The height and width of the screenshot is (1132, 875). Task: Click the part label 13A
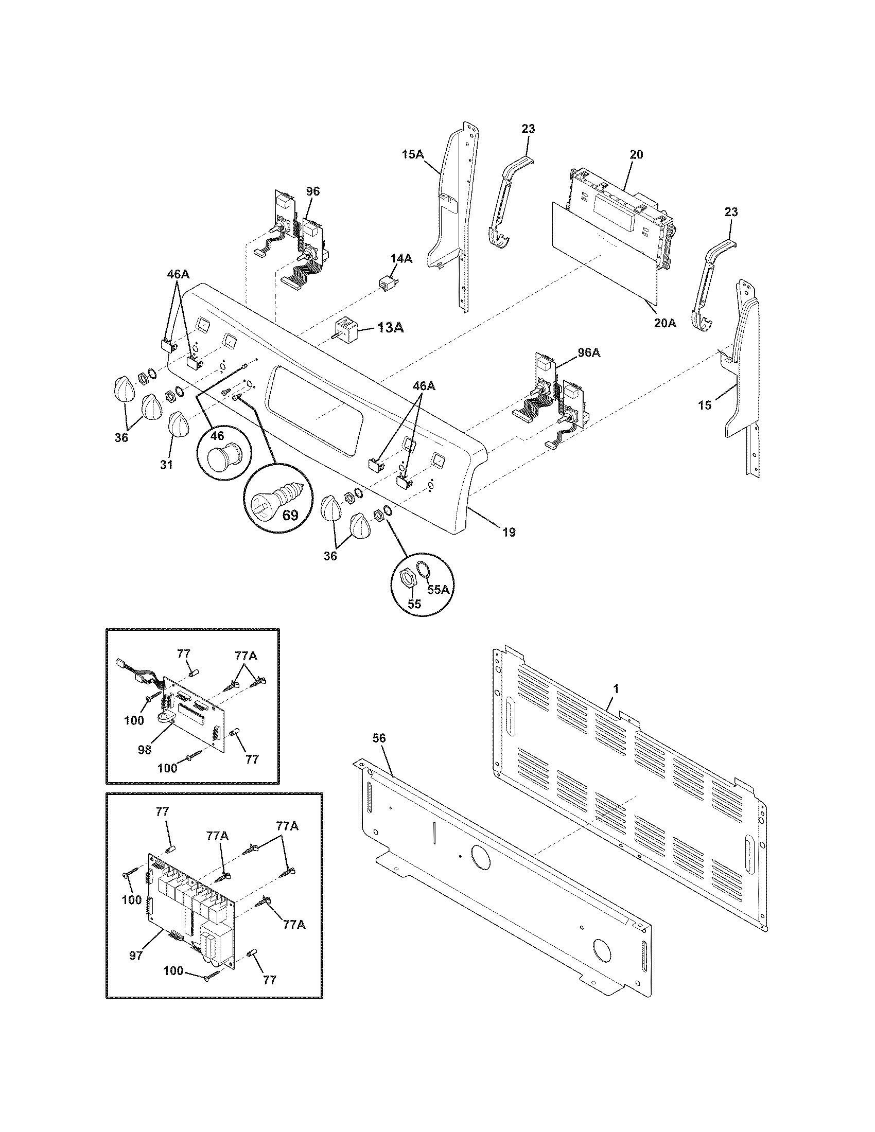pyautogui.click(x=390, y=327)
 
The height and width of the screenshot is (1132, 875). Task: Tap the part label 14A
pyautogui.click(x=400, y=259)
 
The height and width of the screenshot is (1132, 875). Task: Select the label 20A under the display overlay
pyautogui.click(x=664, y=323)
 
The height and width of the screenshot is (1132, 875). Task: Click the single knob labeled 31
pyautogui.click(x=178, y=426)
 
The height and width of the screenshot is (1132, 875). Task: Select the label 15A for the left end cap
pyautogui.click(x=413, y=154)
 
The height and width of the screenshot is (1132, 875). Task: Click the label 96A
pyautogui.click(x=588, y=352)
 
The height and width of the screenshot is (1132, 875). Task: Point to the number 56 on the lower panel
pyautogui.click(x=379, y=738)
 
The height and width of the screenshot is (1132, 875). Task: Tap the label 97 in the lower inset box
pyautogui.click(x=136, y=956)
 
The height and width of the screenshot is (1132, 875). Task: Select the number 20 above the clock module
pyautogui.click(x=637, y=154)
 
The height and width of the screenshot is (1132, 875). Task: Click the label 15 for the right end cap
pyautogui.click(x=705, y=405)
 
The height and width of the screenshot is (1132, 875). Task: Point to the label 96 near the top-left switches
pyautogui.click(x=312, y=191)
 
